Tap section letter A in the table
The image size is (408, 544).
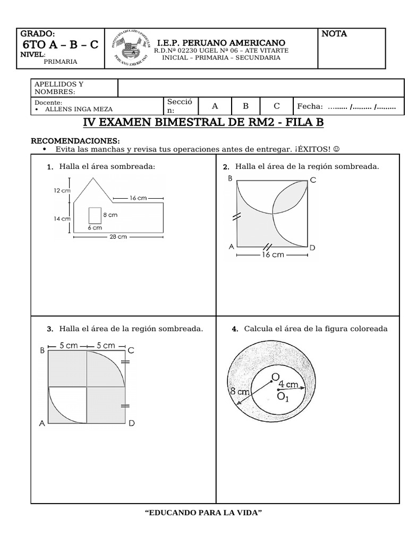(215, 106)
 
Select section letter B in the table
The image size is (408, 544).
(245, 106)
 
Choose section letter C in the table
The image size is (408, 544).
(276, 106)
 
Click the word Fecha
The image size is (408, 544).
(310, 106)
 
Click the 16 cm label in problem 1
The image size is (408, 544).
(138, 198)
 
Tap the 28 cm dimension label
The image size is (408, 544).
(117, 237)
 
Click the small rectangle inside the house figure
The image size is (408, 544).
(95, 215)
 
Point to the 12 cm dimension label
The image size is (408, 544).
(61, 191)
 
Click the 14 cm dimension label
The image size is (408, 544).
(61, 218)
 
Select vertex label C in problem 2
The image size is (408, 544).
(313, 180)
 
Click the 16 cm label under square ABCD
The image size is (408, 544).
(273, 254)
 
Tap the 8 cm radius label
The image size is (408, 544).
(240, 392)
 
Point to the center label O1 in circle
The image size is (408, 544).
(283, 397)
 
